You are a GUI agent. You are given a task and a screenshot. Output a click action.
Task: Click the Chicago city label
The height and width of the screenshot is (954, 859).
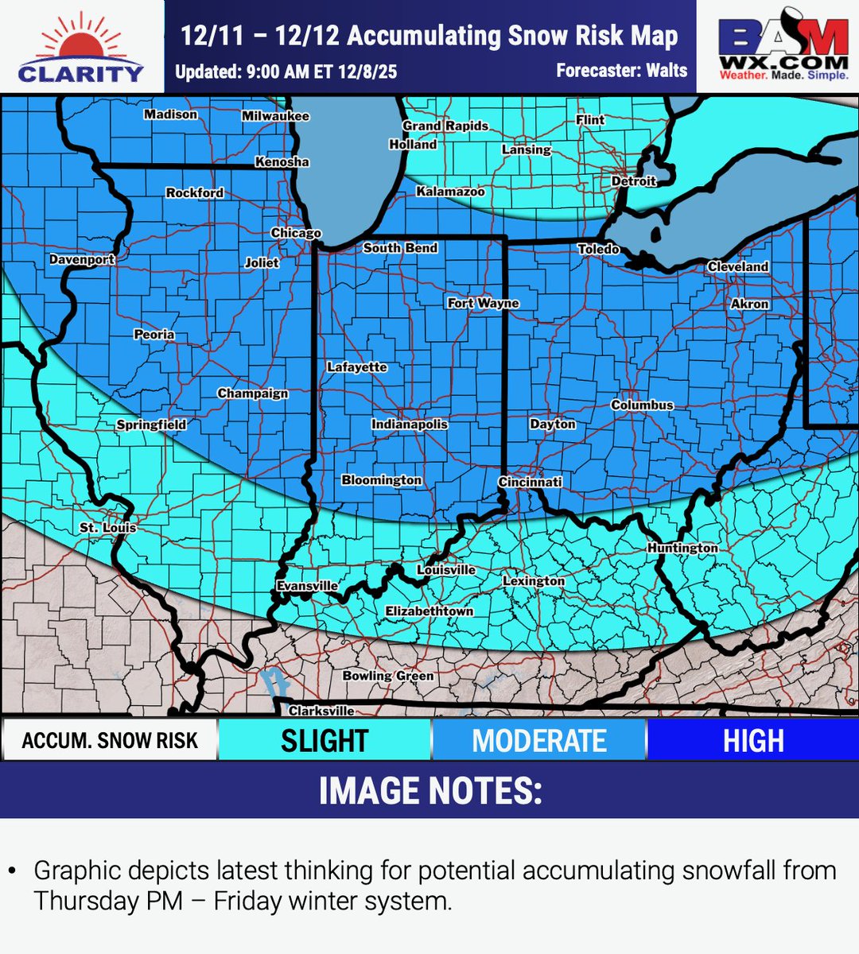(296, 233)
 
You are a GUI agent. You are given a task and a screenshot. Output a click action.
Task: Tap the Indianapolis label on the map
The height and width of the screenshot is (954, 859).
(410, 425)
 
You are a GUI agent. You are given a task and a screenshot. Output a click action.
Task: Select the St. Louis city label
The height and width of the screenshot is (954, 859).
(108, 527)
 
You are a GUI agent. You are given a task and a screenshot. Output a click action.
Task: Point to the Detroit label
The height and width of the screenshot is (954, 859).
(634, 181)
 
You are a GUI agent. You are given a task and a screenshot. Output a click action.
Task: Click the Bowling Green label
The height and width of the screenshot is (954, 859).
(388, 676)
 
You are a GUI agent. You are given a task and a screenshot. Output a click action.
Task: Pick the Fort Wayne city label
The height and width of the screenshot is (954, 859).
(483, 303)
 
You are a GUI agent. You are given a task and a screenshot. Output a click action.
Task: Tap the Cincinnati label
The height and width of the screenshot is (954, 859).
(530, 482)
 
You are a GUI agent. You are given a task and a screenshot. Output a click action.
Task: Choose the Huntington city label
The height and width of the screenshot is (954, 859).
(682, 548)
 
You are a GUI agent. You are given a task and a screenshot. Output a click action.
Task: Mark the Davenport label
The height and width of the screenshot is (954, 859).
(82, 259)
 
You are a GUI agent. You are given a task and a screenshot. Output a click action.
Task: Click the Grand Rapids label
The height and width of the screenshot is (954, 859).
(445, 126)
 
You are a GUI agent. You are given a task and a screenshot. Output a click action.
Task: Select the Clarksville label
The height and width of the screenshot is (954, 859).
(321, 711)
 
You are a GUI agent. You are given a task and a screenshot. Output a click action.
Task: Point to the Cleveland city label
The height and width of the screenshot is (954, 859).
(737, 266)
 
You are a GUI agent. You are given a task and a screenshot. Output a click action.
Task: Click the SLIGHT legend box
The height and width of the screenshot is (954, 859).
(325, 740)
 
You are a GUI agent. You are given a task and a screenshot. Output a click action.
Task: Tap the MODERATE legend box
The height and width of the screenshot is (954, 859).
(539, 740)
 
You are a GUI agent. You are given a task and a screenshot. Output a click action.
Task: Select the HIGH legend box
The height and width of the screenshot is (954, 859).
(752, 740)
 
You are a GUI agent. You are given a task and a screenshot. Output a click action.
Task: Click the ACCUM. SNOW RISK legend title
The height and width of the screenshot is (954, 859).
(110, 740)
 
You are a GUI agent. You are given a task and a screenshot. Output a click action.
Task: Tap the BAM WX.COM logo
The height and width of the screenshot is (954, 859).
(783, 46)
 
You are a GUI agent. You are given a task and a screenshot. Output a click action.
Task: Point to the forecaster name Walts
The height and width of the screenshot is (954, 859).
(667, 71)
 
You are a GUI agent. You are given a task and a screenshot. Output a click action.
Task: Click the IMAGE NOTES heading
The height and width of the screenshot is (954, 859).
(429, 791)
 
